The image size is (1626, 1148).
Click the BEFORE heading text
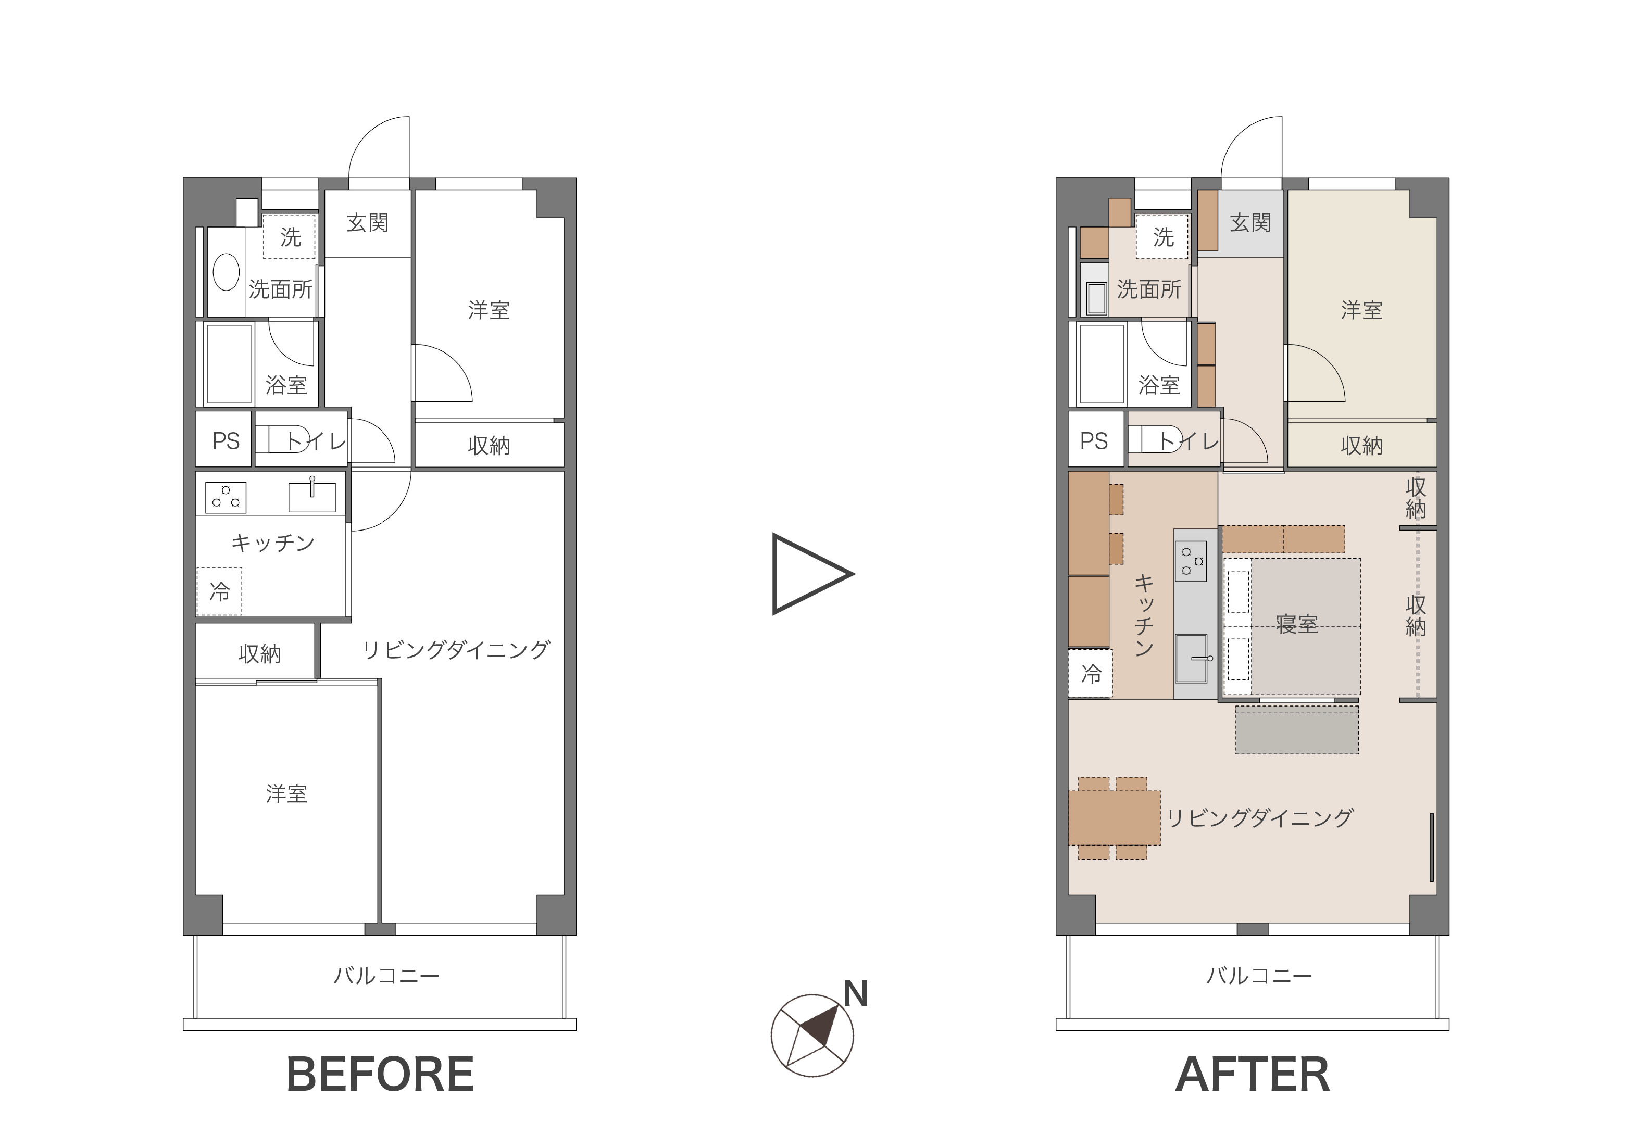coord(380,1075)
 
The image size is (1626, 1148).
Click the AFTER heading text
coord(1252,1075)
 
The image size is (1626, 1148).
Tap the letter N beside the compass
coord(856,994)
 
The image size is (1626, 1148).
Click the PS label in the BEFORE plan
coord(226,441)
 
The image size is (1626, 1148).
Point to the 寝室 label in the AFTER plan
coord(1297,624)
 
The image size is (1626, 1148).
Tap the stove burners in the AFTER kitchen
coord(1191,561)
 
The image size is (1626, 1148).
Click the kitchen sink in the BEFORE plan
coord(312,496)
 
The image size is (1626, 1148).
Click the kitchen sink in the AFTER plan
coord(1192,658)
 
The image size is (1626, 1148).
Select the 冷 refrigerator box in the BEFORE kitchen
coord(220,591)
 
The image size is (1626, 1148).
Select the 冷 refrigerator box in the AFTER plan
coord(1091,673)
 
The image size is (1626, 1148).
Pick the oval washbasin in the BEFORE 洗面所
coord(226,272)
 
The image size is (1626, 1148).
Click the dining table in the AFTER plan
coord(1114,817)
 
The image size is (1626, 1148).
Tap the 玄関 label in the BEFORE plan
coord(368,223)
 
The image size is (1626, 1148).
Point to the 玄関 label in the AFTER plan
coord(1250,223)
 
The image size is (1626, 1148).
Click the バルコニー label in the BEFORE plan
coord(386,976)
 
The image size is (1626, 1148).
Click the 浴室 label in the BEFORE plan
coord(286,385)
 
